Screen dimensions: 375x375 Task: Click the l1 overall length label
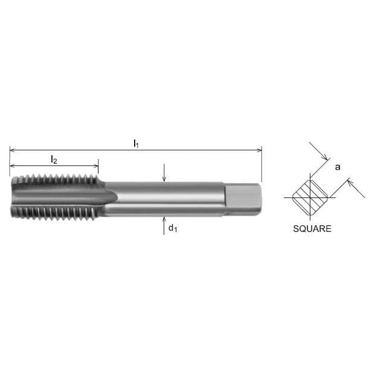tap(136, 144)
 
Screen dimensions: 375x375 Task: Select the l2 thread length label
tap(54, 159)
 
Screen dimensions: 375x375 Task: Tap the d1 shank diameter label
tap(172, 228)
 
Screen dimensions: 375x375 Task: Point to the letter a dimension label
tap(338, 167)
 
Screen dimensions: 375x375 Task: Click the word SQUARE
tap(312, 229)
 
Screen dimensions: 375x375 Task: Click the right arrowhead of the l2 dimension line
tap(95, 165)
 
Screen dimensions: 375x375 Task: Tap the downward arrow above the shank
tap(164, 178)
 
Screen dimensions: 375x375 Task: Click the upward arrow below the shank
tap(164, 219)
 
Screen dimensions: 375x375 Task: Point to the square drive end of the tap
tap(243, 198)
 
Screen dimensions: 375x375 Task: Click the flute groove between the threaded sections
tap(60, 196)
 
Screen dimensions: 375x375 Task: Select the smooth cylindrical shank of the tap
tap(163, 198)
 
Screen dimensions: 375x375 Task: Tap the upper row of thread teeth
tap(54, 181)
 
